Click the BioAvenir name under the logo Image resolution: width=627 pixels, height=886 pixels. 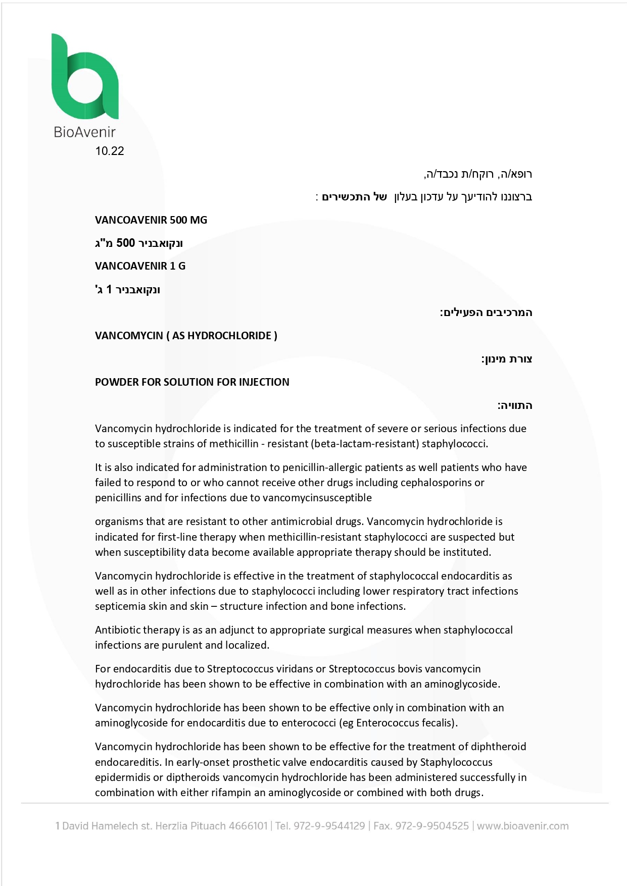84,132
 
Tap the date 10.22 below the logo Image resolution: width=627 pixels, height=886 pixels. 110,151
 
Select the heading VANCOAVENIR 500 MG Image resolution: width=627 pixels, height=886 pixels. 151,220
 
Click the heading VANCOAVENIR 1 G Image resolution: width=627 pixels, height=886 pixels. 140,266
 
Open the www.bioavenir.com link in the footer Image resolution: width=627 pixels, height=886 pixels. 523,826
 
